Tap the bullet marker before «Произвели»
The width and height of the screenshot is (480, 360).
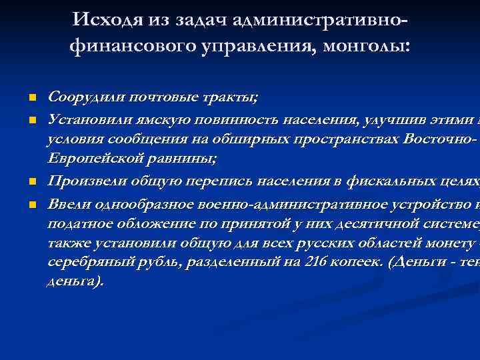31,181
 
